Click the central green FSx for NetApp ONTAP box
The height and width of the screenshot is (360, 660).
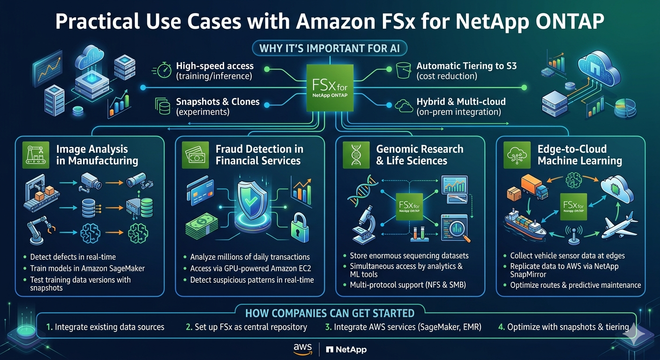click(330, 88)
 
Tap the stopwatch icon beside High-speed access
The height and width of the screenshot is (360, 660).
click(164, 70)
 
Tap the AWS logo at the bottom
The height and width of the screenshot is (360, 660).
click(302, 349)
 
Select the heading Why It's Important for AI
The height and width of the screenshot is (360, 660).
click(330, 48)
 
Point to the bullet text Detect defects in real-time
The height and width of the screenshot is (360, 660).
click(73, 257)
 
